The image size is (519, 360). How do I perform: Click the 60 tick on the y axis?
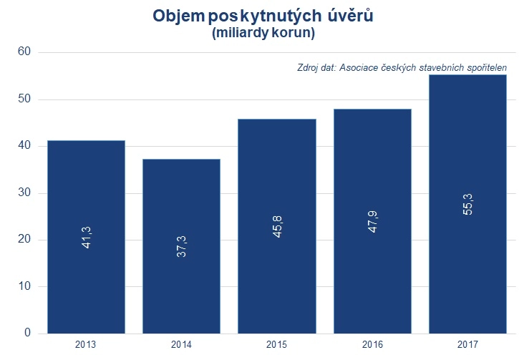(24, 52)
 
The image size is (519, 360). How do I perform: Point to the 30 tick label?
(24, 193)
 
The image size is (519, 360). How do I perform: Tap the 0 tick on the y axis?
(28, 334)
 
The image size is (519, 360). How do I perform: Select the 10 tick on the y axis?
(24, 287)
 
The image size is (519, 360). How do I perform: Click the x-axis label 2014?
(181, 345)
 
